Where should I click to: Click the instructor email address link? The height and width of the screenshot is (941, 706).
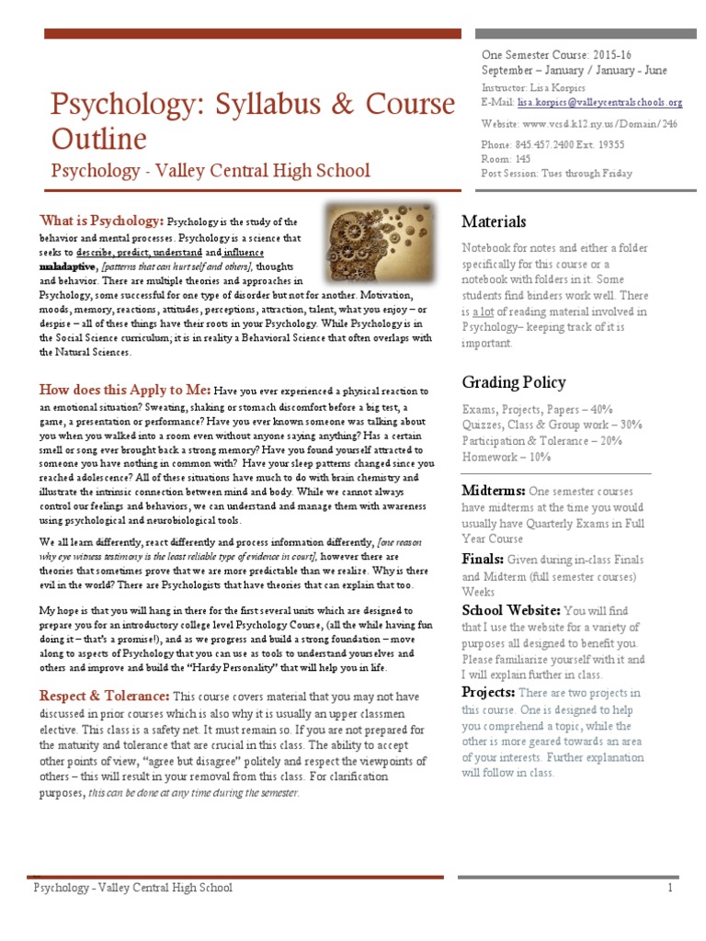600,103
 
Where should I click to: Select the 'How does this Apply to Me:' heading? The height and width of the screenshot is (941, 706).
125,390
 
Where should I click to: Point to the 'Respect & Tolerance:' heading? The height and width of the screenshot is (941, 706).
104,697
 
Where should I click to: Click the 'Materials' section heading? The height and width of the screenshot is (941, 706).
494,221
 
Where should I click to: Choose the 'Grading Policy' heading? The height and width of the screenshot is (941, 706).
513,381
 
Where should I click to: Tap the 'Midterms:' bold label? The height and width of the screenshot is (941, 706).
493,491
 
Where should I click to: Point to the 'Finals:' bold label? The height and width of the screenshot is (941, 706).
482,559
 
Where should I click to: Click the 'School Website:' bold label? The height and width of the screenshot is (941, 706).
510,609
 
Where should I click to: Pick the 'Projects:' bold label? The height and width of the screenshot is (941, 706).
487,692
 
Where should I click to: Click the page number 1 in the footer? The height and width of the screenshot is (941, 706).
671,888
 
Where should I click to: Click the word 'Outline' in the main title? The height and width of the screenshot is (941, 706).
98,139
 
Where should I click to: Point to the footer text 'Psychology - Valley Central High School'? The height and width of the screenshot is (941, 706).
133,888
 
